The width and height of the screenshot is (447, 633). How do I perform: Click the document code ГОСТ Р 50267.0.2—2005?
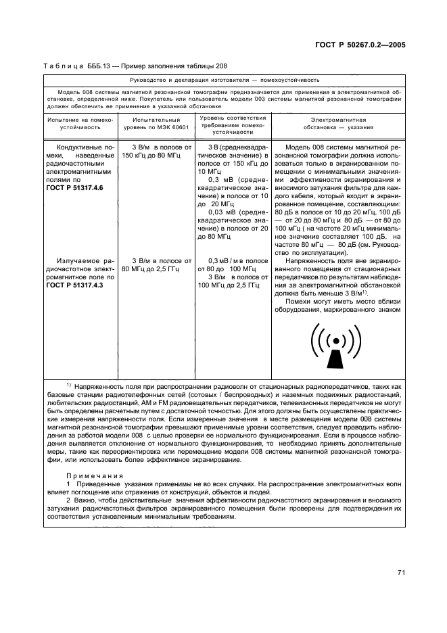pyautogui.click(x=361, y=45)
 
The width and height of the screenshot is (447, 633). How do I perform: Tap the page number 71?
pyautogui.click(x=400, y=572)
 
